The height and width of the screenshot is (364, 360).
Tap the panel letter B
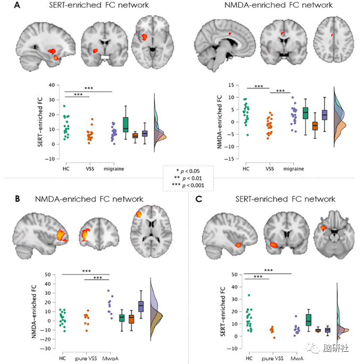click(x=18, y=199)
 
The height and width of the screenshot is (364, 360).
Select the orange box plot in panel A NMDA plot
click(x=315, y=126)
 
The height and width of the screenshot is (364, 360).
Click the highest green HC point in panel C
click(x=249, y=295)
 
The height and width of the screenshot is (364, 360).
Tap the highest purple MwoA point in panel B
click(x=108, y=291)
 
